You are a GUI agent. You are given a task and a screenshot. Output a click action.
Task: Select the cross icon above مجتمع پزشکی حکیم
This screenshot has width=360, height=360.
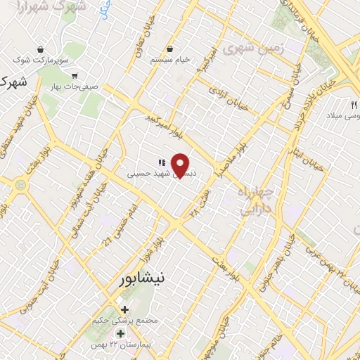click(124, 309)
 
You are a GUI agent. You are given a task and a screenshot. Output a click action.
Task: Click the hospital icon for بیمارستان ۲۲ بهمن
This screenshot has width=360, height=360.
click(120, 333)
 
